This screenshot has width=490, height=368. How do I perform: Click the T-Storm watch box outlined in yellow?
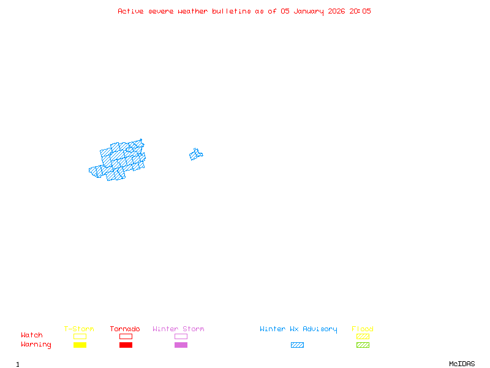[x=80, y=336]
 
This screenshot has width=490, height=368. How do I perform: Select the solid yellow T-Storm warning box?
[x=80, y=345]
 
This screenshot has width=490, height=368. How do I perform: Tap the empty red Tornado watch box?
[x=126, y=336]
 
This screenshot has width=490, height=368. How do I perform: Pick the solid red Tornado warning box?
[x=126, y=345]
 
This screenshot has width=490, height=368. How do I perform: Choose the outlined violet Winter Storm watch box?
[x=181, y=336]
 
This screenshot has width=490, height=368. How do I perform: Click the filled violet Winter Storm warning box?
[x=181, y=345]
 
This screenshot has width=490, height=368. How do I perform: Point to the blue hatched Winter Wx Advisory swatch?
[x=297, y=345]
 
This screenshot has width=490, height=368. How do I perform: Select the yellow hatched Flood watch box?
[x=363, y=336]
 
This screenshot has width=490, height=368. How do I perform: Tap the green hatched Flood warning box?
[x=363, y=345]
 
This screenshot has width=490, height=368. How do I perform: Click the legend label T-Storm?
[x=79, y=329]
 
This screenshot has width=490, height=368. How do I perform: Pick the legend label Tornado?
[x=125, y=329]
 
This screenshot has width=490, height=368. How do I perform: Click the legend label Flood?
[x=363, y=329]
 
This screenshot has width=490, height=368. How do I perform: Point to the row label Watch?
[x=32, y=335]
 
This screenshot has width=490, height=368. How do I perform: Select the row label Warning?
[x=36, y=345]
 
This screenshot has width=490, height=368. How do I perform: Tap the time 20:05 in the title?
[x=360, y=11]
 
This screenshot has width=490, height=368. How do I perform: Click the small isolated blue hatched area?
[x=196, y=154]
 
